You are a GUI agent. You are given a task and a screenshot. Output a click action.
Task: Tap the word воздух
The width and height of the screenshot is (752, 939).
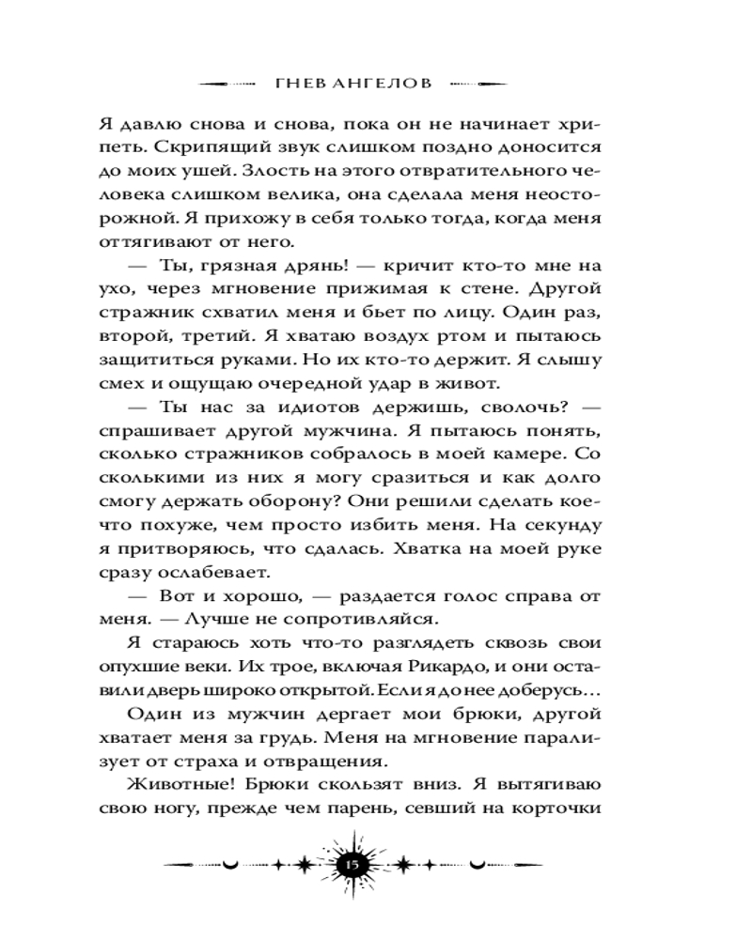(x=414, y=336)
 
